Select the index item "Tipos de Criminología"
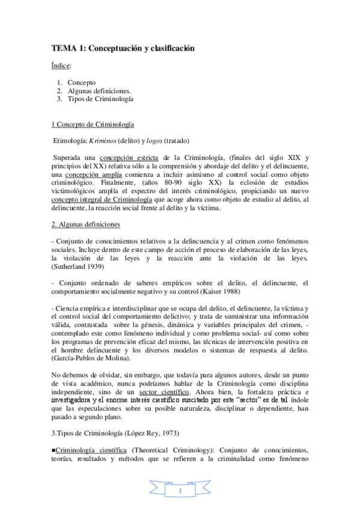coord(100,99)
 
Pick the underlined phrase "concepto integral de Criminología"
coord(102,200)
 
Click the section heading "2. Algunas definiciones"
coord(86,224)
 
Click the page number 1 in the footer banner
coord(180,491)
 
